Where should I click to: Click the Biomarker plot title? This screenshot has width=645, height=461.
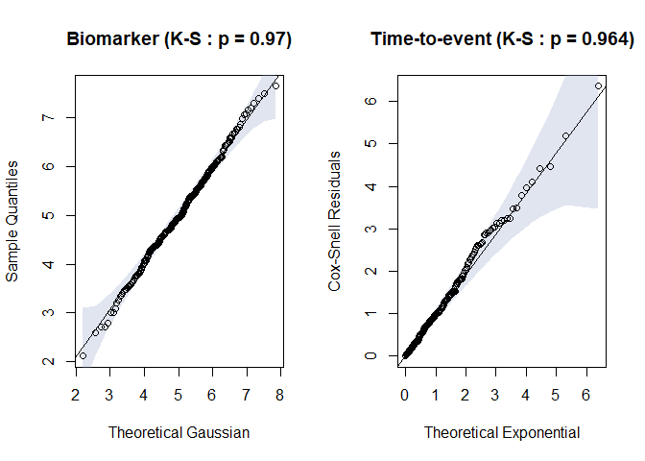[179, 39]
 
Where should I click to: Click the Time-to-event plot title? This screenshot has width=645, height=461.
[502, 39]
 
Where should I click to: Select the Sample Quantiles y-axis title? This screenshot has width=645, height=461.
[12, 221]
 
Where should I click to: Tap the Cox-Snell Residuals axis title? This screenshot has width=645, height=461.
[335, 221]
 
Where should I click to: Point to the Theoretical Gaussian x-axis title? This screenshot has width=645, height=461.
[179, 433]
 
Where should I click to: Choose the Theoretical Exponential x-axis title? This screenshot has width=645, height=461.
[502, 433]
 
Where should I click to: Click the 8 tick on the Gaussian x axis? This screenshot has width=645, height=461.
[279, 395]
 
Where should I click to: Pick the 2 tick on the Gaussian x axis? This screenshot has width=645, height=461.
[76, 395]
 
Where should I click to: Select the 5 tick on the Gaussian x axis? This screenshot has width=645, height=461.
[178, 395]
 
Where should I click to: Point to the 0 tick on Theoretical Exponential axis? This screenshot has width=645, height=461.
[405, 395]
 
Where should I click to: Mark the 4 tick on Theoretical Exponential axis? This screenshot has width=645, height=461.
[526, 395]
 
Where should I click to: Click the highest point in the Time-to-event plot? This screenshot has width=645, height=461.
[598, 86]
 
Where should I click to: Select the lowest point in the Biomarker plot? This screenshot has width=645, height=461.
[83, 355]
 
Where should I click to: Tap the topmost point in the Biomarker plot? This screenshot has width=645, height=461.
[275, 85]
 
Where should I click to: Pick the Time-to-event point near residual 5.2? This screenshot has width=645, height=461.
[565, 135]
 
